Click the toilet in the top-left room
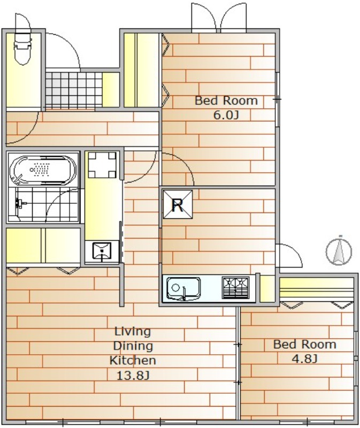[23, 49]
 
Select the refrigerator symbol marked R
[178, 204]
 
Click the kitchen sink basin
[183, 288]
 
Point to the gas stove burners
[235, 287]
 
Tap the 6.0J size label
[226, 116]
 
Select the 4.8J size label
[304, 358]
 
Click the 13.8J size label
[133, 376]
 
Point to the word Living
[133, 331]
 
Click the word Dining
[133, 346]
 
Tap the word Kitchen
[133, 360]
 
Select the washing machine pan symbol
[103, 165]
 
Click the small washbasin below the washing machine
[102, 251]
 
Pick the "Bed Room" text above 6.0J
[226, 101]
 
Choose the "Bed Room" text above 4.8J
[304, 344]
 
